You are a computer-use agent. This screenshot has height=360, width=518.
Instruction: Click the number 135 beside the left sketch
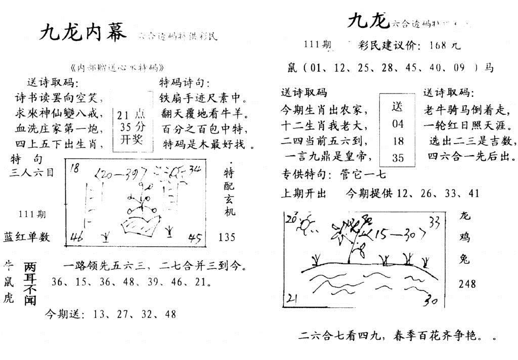[228, 237]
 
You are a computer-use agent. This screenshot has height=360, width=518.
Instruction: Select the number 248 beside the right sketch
[467, 284]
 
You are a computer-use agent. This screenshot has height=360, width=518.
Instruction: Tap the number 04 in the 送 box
[398, 124]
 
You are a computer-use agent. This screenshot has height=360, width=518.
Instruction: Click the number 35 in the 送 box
[398, 158]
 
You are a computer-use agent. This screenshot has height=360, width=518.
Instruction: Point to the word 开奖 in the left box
[130, 139]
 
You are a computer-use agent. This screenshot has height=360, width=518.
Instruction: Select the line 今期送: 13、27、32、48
[111, 314]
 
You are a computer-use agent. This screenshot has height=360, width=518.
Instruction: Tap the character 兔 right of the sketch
[465, 259]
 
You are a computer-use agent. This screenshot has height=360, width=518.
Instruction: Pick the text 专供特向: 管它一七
[334, 175]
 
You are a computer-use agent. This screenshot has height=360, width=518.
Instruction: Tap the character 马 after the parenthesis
[489, 68]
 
